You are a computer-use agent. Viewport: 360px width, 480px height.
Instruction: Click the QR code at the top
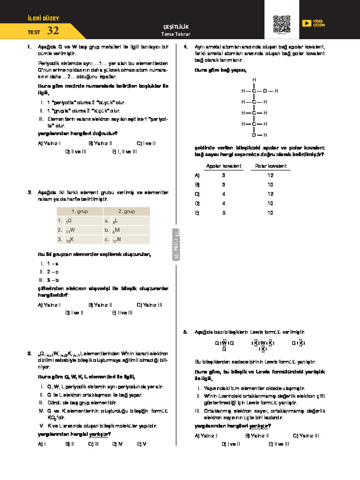[282, 25]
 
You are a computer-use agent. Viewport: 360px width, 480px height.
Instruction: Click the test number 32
[53, 31]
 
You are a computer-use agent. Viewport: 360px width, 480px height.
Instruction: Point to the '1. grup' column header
[80, 211]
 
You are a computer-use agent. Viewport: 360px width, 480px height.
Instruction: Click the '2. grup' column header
[126, 211]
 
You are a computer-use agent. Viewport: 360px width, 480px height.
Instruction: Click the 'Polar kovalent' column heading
[271, 166]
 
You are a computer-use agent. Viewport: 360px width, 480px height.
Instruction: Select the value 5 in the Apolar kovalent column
[224, 212]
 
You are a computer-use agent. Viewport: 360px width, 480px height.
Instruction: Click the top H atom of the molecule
[254, 80]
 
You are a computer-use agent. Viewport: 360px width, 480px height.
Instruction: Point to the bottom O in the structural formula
[254, 135]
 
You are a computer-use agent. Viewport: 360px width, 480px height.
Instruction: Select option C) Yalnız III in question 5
[305, 436]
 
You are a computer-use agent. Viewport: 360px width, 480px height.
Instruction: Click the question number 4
[186, 46]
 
